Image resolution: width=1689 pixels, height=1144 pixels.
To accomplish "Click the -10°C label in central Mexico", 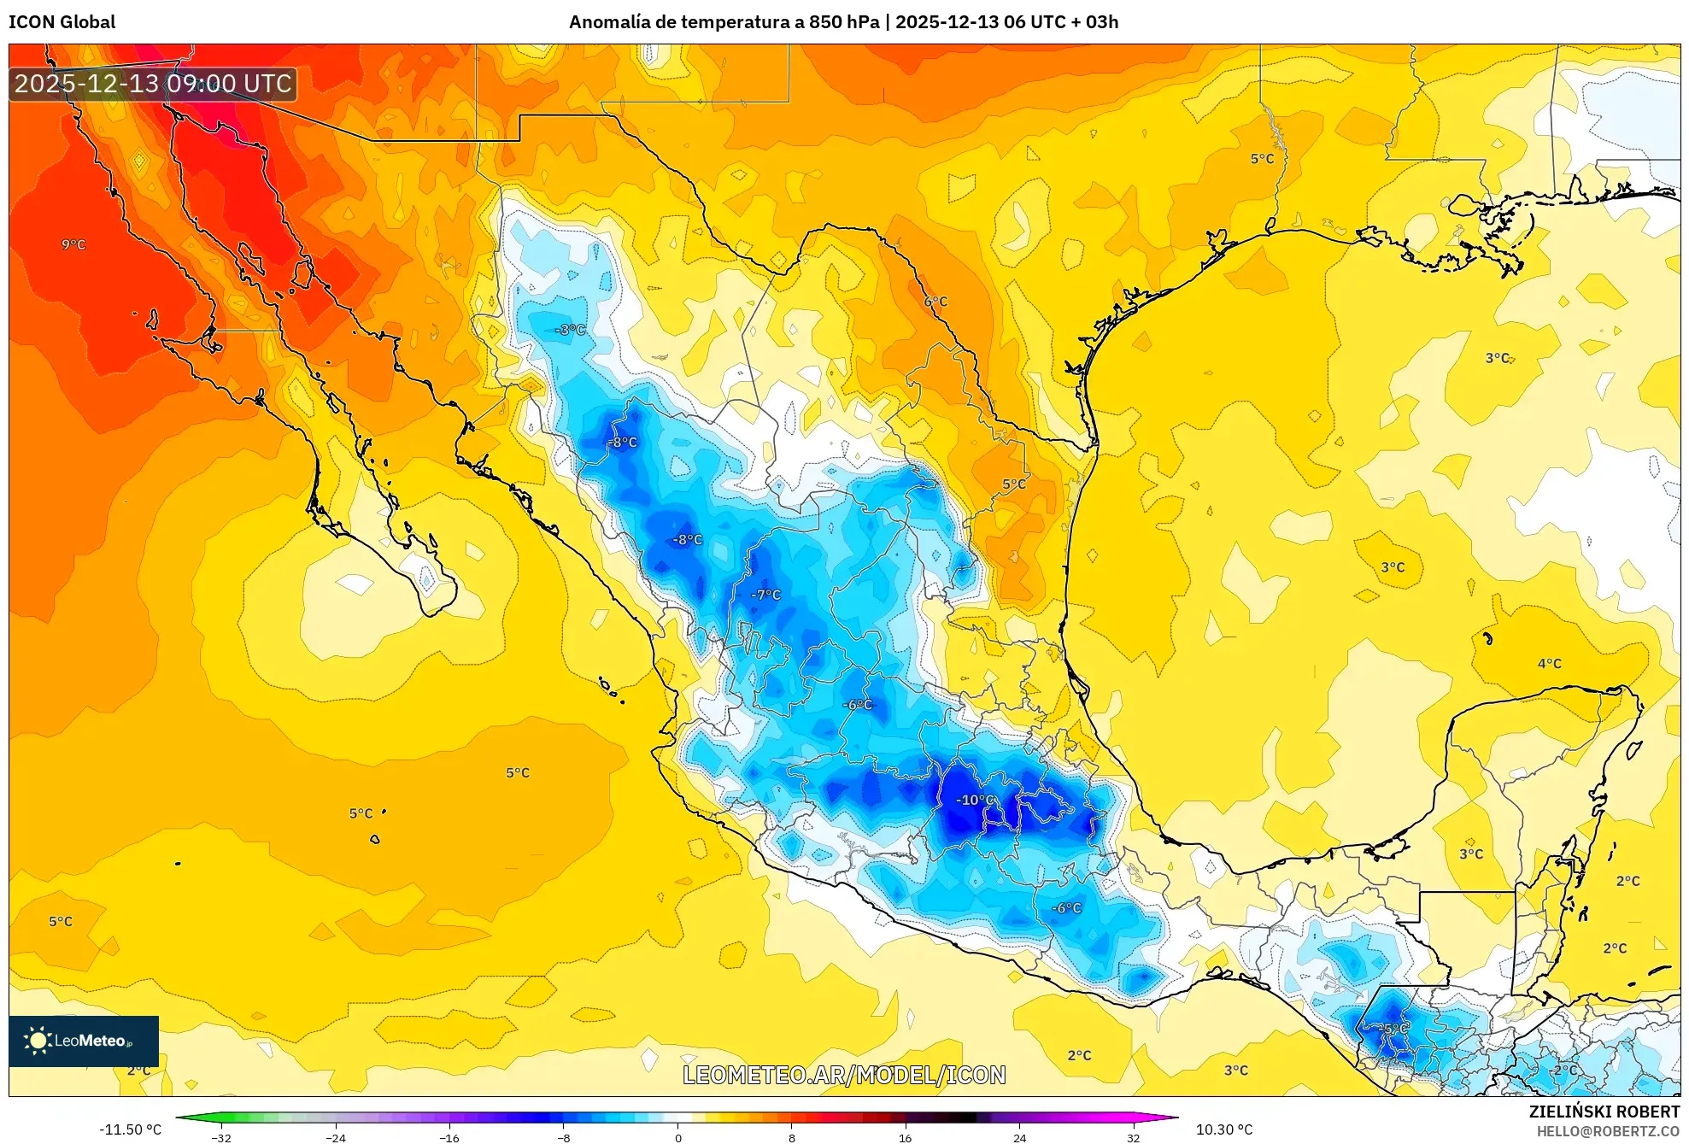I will tap(975, 800).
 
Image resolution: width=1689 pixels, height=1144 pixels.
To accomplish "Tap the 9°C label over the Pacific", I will tap(73, 244).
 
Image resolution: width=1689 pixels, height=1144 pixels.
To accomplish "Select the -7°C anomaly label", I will tap(765, 595).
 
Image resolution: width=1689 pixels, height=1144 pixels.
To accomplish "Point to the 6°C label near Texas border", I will tap(935, 302).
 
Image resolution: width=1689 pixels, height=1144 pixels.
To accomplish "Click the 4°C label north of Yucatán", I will tap(1549, 664).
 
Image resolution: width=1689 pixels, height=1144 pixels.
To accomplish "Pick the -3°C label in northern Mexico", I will tap(570, 330).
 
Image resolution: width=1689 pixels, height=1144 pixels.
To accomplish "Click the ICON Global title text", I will tap(62, 22).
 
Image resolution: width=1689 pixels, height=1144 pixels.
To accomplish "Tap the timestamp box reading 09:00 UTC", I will tap(153, 84).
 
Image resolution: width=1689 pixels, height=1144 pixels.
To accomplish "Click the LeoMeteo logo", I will tap(83, 1041).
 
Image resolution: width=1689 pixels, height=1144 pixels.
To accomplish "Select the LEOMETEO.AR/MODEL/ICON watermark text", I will tap(844, 1075).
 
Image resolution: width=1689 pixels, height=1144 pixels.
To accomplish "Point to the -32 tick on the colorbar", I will tap(221, 1138).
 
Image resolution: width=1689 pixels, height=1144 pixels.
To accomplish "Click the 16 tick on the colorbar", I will tap(906, 1138).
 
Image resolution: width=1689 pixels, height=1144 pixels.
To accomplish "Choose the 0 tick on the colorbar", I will tap(678, 1138).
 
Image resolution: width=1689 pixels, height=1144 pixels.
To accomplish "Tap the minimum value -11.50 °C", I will tap(130, 1129).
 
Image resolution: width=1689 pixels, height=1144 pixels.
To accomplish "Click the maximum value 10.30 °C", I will tap(1224, 1129).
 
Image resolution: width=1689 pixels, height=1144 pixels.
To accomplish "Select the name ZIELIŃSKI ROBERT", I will tap(1604, 1112).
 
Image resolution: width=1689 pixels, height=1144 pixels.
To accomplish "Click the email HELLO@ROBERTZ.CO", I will tap(1608, 1131).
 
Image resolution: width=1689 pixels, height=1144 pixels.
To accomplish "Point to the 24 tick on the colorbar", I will tap(1019, 1138).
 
